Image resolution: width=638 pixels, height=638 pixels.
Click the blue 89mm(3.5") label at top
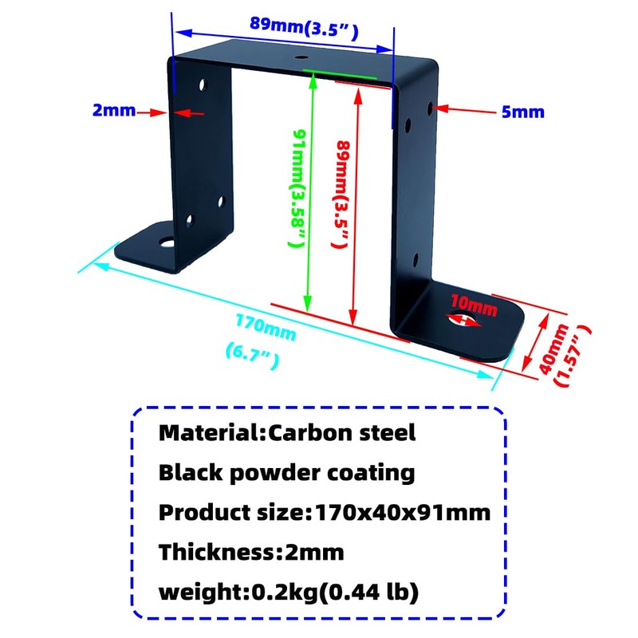(x=303, y=23)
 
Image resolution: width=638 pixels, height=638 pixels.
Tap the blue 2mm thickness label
(x=114, y=111)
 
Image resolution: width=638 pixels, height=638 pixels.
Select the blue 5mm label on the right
(x=523, y=112)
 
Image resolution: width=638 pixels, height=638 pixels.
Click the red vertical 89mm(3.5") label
(x=342, y=195)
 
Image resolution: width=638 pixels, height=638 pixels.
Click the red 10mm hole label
(x=474, y=304)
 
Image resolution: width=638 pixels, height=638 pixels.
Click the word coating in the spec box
(x=372, y=472)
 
